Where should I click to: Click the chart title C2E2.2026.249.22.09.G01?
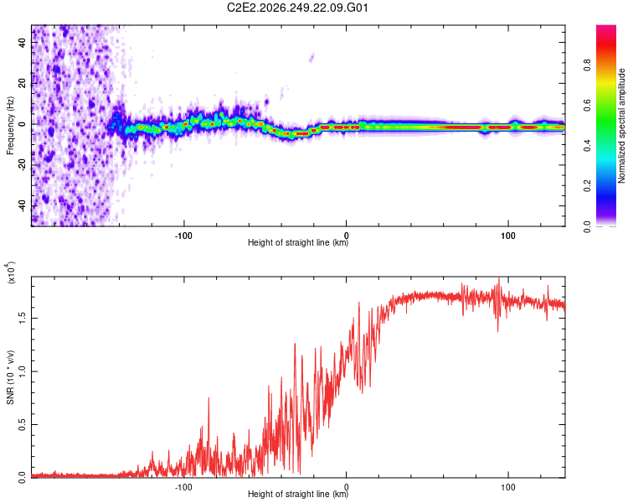(x=297, y=8)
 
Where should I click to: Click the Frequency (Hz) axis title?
(x=10, y=126)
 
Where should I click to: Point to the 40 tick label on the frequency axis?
(x=23, y=43)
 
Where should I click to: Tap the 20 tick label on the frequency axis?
(x=23, y=84)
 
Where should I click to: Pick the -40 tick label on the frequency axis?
(x=23, y=205)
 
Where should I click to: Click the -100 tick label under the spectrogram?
(x=183, y=236)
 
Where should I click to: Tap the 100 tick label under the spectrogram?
(x=508, y=236)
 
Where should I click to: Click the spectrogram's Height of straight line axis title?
(x=298, y=242)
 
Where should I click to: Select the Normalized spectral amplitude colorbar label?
(x=621, y=126)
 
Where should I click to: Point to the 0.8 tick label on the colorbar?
(x=587, y=65)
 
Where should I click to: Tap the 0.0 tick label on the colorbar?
(x=587, y=226)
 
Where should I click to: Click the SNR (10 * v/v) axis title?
(x=10, y=377)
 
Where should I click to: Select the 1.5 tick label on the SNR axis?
(x=23, y=318)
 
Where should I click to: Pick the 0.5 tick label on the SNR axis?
(x=23, y=424)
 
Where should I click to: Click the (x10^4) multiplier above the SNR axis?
(x=10, y=272)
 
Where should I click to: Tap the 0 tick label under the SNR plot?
(x=347, y=487)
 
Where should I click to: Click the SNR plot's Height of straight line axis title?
(x=298, y=494)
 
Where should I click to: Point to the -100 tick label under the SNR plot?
(x=183, y=487)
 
